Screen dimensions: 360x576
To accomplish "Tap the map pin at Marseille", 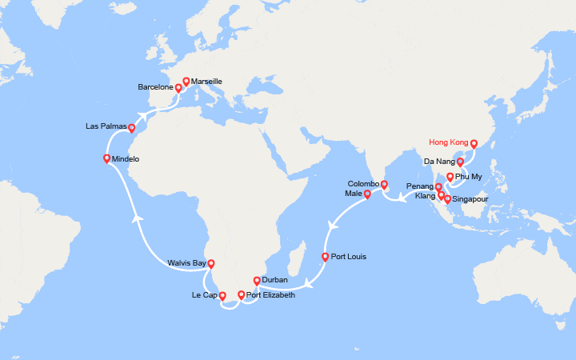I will pos(186,82).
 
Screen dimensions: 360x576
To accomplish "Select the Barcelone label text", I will pos(155,86).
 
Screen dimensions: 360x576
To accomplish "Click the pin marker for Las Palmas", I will pos(132,128).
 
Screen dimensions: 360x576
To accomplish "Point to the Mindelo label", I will pos(126,159).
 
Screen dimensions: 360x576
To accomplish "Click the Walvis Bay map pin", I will pos(211,263).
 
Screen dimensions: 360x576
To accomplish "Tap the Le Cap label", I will pos(203,295).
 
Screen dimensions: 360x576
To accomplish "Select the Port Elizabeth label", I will pos(270,295).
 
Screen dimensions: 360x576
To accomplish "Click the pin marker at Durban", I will pos(256,281).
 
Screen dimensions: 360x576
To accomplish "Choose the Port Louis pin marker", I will pos(325,258).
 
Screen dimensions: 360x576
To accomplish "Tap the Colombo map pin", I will pos(384,186).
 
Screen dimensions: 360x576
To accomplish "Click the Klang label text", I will pos(426,195).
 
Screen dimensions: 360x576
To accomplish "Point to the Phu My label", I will pos(470,177).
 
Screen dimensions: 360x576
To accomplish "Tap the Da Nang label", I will pos(438,162).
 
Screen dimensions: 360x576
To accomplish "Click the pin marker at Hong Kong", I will pos(474,145).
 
